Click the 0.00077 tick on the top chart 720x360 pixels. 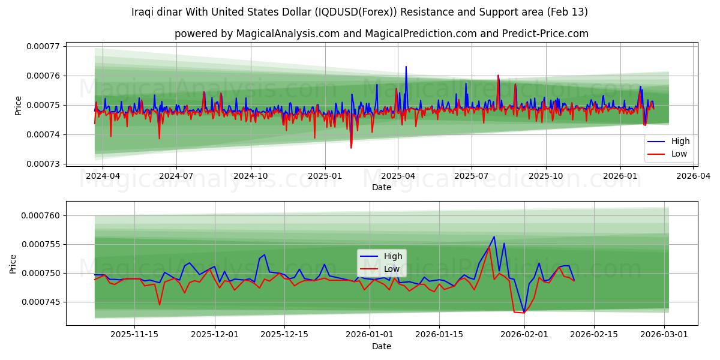(x=43, y=46)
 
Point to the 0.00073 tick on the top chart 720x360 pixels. (x=43, y=164)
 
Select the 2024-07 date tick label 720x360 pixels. (x=176, y=176)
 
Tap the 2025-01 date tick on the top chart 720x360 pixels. (x=325, y=176)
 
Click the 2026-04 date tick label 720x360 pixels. (x=694, y=176)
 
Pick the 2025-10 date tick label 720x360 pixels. (x=545, y=176)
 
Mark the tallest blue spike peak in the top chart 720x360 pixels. (x=406, y=67)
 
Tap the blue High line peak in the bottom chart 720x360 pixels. (x=494, y=236)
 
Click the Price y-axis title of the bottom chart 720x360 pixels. (x=13, y=264)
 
